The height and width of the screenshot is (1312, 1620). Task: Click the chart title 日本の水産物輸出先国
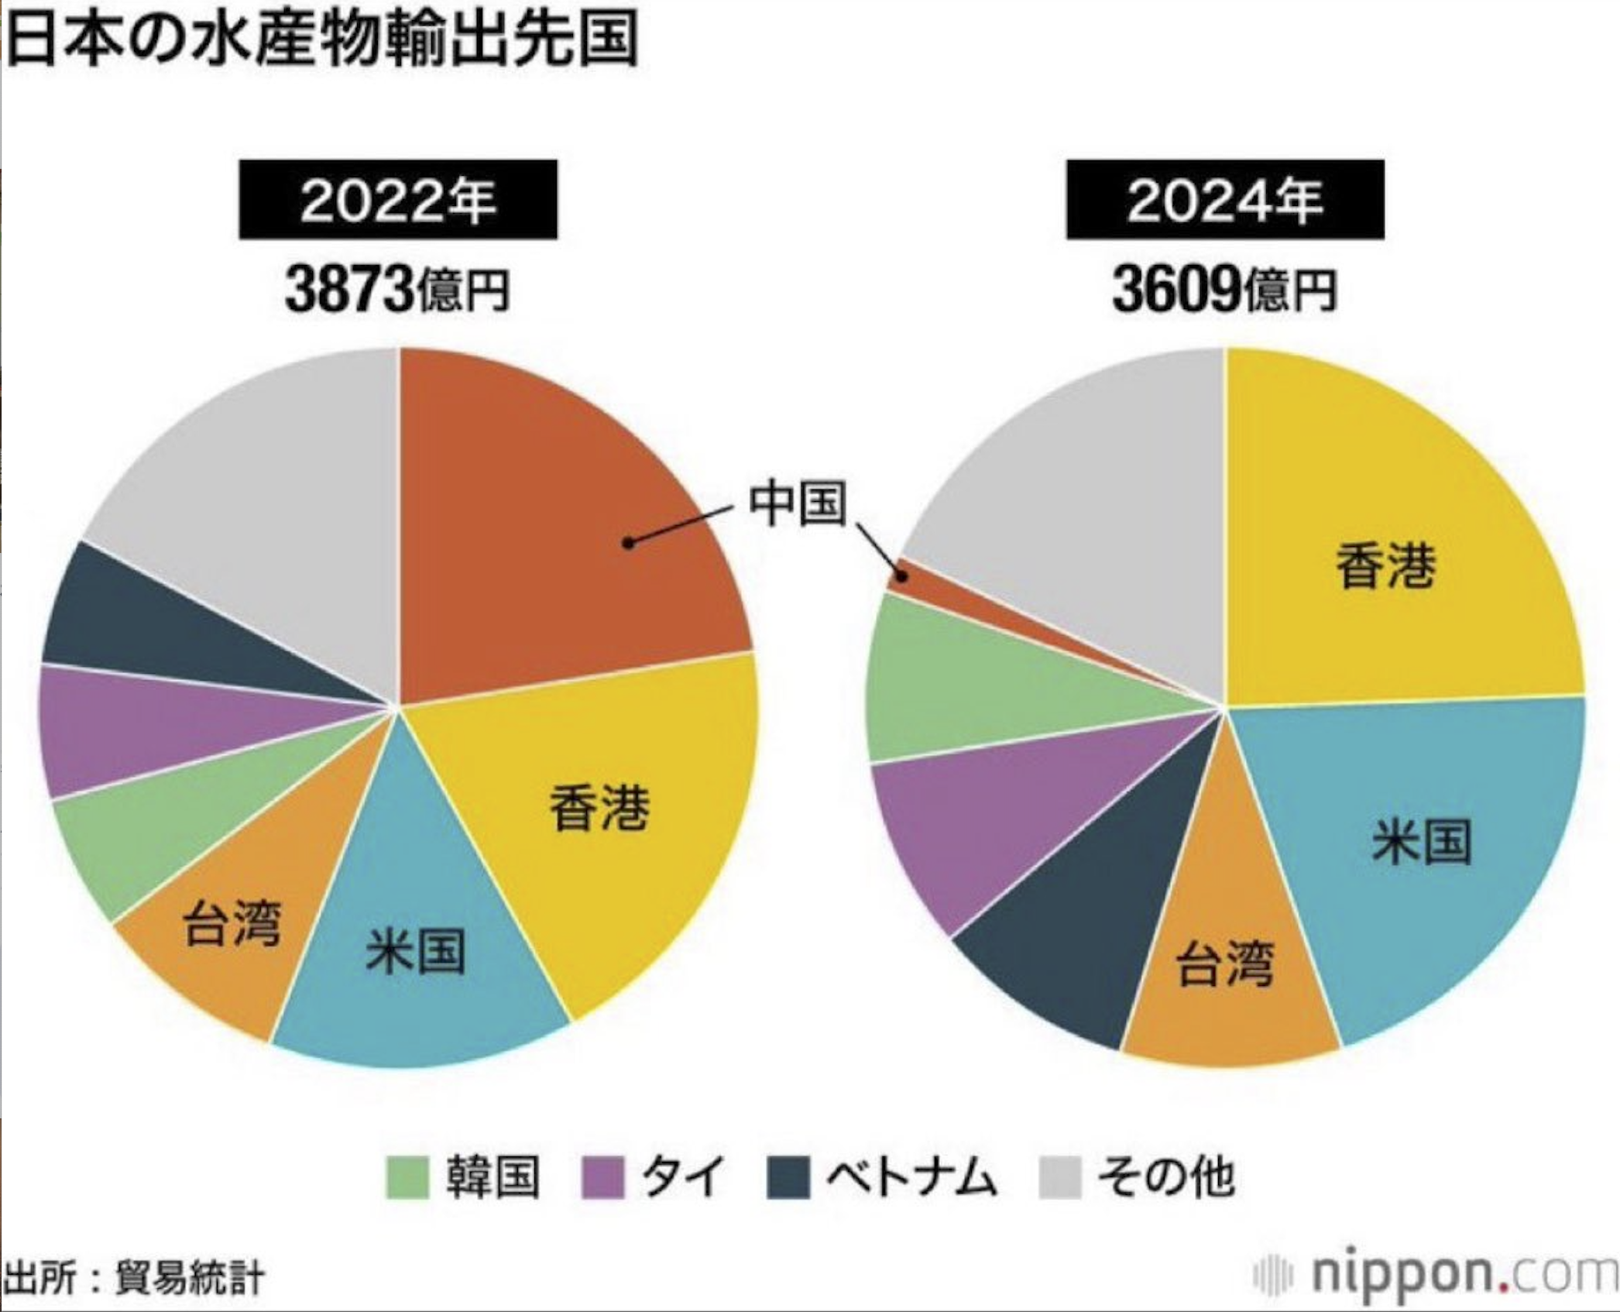tap(321, 39)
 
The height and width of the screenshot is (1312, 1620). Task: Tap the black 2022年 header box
tap(397, 200)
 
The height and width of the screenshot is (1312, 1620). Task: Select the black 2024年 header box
tap(1224, 200)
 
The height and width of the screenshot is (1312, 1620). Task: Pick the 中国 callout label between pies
tap(797, 503)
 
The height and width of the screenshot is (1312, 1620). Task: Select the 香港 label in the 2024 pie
tap(1385, 566)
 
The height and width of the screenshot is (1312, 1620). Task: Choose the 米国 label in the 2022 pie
tap(416, 952)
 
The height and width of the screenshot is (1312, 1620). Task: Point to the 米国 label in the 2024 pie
tap(1421, 842)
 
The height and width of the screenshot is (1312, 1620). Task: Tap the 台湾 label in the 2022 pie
tap(232, 924)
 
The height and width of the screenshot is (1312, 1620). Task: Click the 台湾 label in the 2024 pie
tap(1224, 964)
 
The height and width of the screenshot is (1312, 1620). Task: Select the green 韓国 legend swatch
tap(407, 1177)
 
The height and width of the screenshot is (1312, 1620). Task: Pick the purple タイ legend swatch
tap(602, 1177)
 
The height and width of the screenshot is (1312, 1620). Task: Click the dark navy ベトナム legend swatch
tap(788, 1177)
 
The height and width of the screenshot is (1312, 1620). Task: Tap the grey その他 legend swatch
tap(1059, 1177)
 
